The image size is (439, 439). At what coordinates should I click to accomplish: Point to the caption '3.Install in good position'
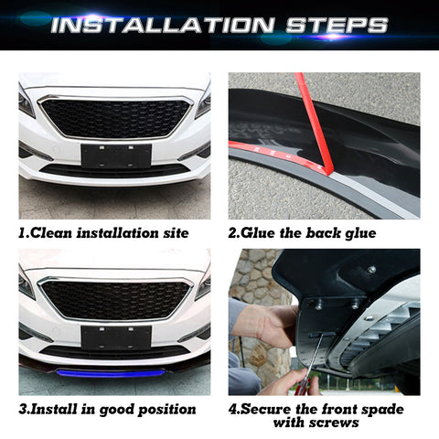pyautogui.click(x=107, y=409)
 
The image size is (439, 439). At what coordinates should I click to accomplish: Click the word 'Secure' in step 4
pyautogui.click(x=273, y=409)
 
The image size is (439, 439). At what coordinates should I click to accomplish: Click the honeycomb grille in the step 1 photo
pyautogui.click(x=115, y=117)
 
